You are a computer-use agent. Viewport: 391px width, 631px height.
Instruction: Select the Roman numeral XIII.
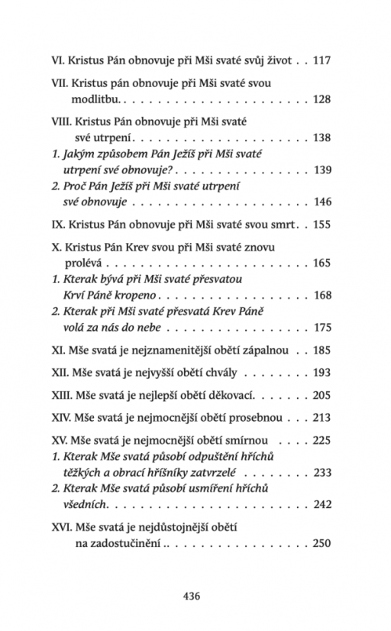(x=63, y=397)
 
